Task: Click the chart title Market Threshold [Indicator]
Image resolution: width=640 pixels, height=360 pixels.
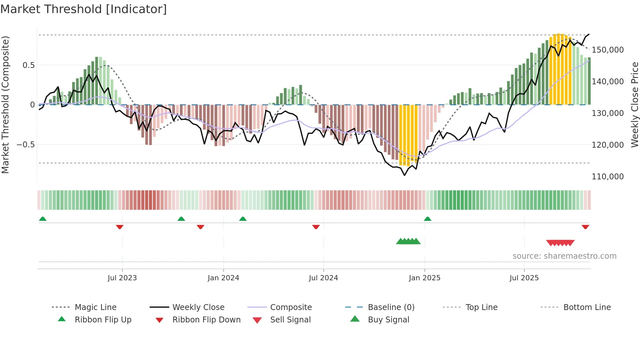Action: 84,9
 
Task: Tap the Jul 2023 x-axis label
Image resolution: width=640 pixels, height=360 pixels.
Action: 122,278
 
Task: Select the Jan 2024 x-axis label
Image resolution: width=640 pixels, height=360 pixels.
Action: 223,278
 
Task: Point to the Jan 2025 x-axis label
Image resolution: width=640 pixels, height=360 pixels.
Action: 424,278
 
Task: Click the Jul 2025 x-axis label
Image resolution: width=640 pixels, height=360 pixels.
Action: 524,278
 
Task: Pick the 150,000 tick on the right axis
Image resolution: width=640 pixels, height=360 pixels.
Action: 608,50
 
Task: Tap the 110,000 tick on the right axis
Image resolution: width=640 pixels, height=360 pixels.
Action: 608,177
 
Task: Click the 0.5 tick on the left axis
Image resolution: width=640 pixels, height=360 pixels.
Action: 28,65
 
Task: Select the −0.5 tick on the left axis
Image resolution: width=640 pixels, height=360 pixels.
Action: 26,145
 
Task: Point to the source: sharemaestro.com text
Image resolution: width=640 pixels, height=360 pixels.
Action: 564,256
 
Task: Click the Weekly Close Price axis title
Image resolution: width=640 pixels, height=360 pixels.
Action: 634,105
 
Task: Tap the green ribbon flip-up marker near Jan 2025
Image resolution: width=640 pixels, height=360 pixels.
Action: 427,219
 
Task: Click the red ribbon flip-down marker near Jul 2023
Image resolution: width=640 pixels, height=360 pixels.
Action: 120,227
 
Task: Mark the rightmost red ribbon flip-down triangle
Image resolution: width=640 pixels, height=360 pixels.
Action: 585,227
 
